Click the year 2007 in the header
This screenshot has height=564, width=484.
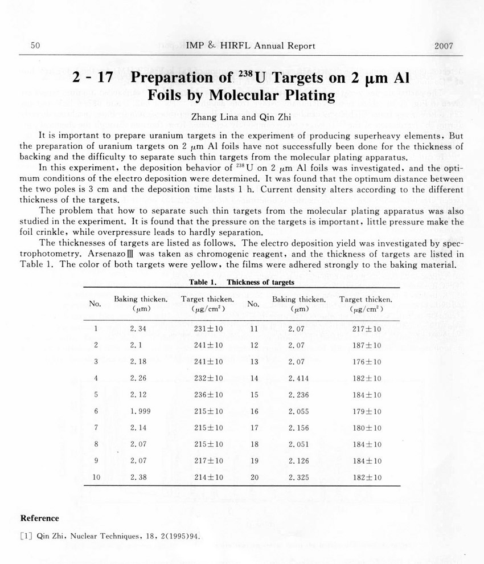(443, 46)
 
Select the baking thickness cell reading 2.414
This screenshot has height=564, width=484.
(299, 378)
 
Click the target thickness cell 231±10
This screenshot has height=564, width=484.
(207, 329)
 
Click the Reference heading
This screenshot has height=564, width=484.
(39, 518)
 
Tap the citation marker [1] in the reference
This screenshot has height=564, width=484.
(26, 536)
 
